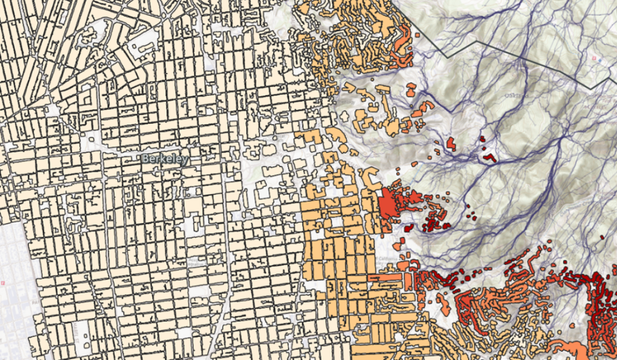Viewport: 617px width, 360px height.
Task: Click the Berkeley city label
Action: coord(164,159)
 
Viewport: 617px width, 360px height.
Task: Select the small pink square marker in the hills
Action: coord(593,59)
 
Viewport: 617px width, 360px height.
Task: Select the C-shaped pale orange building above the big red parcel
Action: coord(370,179)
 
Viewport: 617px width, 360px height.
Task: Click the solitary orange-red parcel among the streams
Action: coord(451,142)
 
